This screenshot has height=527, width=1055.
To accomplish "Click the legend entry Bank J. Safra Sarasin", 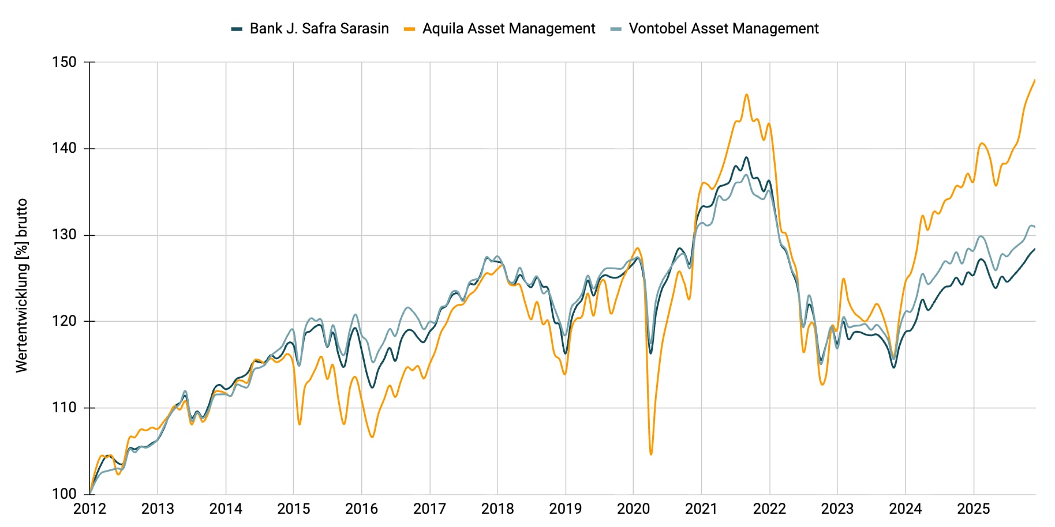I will point(319,29).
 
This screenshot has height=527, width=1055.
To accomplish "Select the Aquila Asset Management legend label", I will point(508,29).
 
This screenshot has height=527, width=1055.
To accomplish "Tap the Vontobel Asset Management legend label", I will point(723,29).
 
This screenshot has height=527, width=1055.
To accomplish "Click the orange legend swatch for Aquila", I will point(410,29).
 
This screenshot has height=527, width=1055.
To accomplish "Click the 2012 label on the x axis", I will point(89,509).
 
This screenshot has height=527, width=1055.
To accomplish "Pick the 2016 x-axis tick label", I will point(361,509).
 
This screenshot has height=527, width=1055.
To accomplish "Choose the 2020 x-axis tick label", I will point(633,509).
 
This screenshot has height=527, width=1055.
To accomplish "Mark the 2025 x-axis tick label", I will point(973,509).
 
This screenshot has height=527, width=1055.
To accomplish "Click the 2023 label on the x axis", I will point(837,509).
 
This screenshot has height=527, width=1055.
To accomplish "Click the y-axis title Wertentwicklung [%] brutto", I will point(22,285).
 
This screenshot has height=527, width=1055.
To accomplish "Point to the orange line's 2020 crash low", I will point(651,454).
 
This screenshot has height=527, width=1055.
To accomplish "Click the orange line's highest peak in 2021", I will point(746,95).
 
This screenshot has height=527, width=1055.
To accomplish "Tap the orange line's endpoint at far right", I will point(1035,80).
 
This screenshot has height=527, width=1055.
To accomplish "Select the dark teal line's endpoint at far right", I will point(1035,249).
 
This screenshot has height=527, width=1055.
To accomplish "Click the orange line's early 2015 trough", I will point(300,424).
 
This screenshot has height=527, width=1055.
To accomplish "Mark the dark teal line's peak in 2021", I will point(746,157).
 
